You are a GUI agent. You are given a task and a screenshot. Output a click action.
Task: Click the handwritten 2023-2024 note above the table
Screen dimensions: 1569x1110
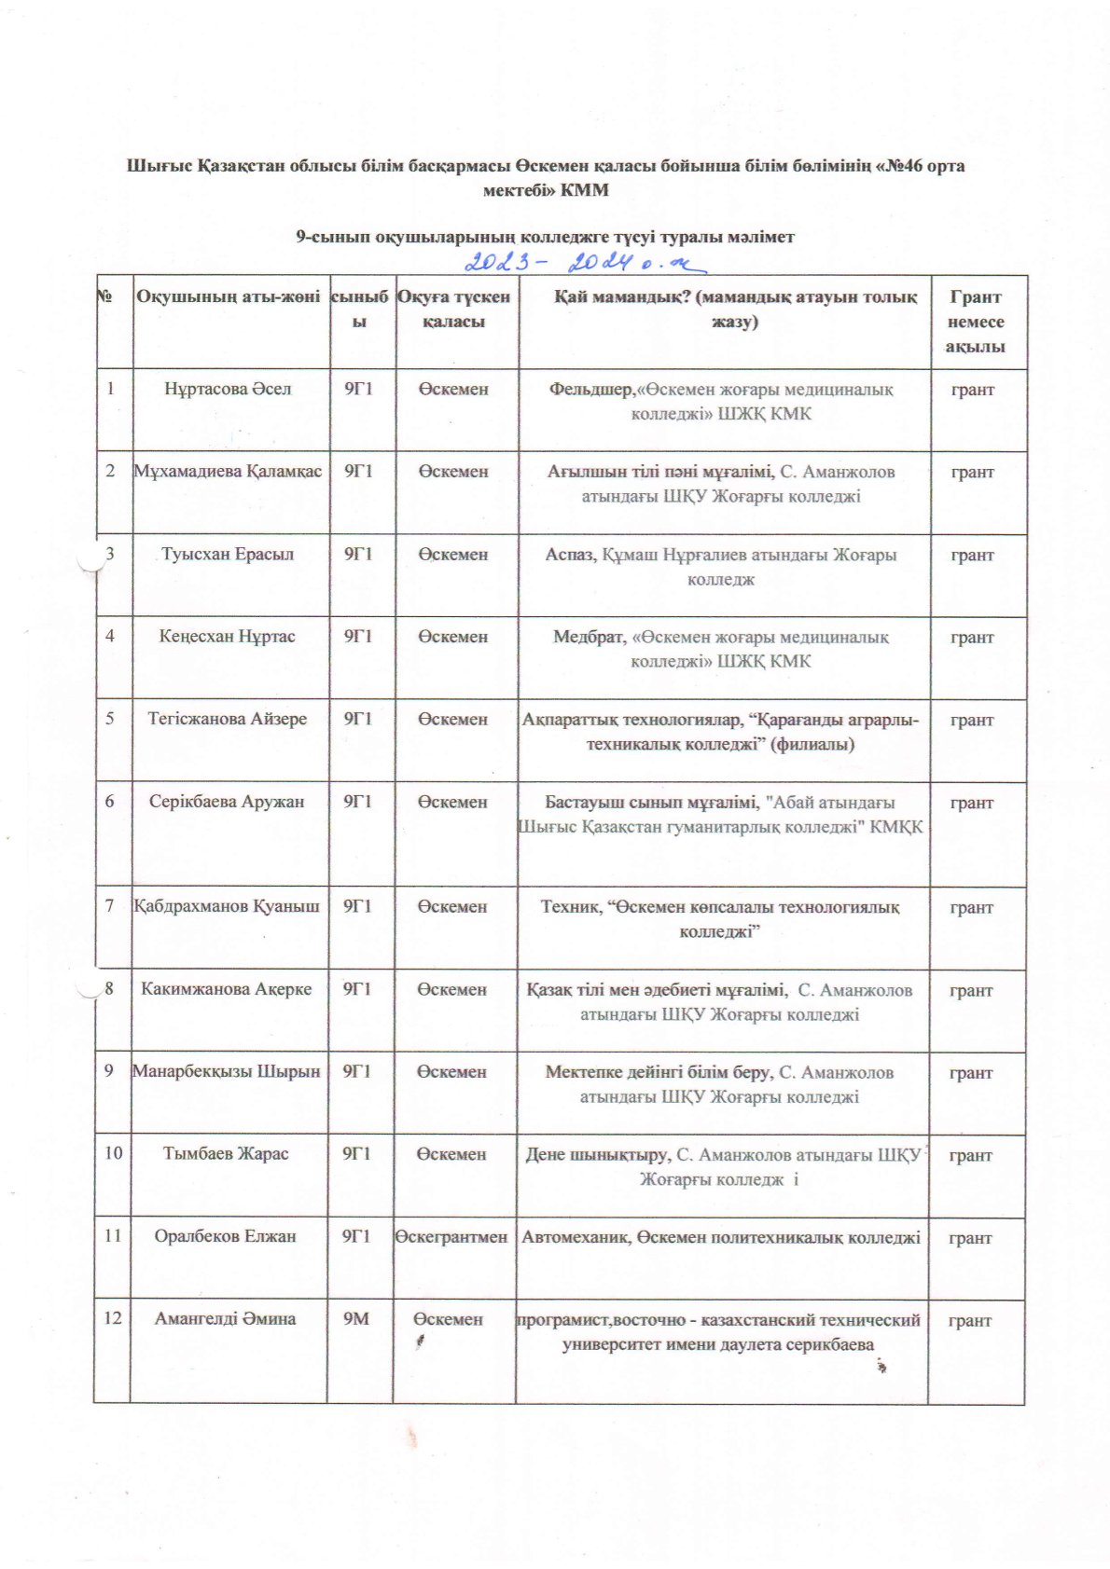(x=585, y=262)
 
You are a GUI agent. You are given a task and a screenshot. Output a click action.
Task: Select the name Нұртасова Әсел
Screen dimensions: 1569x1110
(x=228, y=389)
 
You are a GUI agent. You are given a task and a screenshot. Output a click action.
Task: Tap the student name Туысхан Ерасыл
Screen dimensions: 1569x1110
(x=228, y=554)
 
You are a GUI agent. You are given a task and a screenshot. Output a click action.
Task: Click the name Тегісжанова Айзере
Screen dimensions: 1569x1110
(x=228, y=719)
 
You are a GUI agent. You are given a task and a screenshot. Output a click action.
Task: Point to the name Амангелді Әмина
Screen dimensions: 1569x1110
(x=226, y=1318)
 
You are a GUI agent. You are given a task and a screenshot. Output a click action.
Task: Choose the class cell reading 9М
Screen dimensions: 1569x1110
(x=357, y=1318)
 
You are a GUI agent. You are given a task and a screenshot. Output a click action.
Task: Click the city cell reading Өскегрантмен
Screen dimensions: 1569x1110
(x=451, y=1236)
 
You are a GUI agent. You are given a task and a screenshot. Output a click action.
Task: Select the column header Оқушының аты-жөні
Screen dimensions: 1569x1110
(x=229, y=297)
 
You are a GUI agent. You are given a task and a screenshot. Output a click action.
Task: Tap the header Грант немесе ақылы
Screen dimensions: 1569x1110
(x=975, y=322)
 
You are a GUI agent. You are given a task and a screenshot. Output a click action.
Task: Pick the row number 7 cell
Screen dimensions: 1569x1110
(x=110, y=906)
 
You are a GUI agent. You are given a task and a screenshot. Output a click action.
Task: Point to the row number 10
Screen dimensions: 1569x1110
(x=113, y=1153)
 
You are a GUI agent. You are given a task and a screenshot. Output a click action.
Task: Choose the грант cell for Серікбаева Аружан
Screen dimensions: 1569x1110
(x=972, y=803)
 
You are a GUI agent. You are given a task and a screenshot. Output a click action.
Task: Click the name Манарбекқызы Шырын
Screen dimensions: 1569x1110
(x=226, y=1071)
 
